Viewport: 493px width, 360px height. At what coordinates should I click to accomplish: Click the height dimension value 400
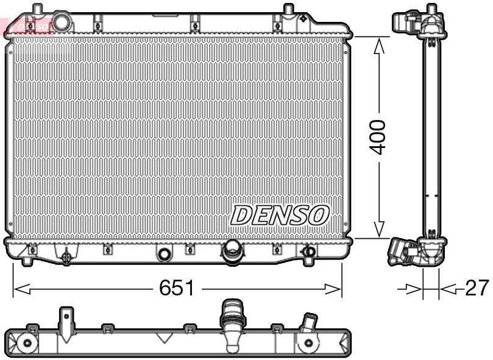[378, 137]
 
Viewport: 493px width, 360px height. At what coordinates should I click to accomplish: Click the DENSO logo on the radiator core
[280, 214]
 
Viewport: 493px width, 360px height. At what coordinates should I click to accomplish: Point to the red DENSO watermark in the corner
[27, 25]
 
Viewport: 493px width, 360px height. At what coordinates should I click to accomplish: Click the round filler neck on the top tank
[62, 22]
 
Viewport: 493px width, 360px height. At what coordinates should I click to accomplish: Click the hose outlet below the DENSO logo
[232, 252]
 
